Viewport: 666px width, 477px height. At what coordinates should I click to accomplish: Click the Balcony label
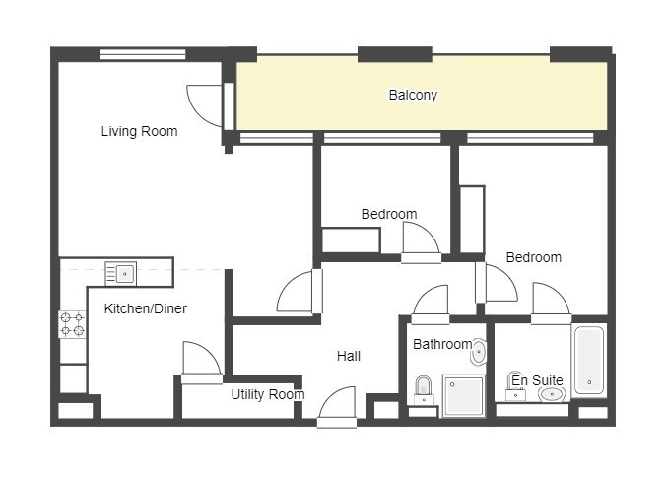coord(413,95)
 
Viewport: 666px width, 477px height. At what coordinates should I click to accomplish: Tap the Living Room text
coord(139,131)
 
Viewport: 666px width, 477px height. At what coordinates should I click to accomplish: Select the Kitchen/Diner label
coord(145,308)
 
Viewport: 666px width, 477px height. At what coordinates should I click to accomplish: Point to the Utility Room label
coord(268,394)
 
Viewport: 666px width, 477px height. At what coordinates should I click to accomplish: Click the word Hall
coord(349,356)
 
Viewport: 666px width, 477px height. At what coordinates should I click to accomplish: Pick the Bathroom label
coord(442,344)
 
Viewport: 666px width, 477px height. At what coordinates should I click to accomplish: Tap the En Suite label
coord(537,380)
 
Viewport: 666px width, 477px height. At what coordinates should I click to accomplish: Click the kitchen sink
coord(120,274)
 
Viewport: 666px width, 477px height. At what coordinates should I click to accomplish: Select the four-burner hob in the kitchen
coord(72,324)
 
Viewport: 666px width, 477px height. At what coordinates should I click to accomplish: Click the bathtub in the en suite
coord(589,360)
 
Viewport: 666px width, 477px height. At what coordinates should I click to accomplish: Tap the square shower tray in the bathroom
coord(464,395)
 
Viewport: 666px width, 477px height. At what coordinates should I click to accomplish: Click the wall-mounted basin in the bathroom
coord(478,352)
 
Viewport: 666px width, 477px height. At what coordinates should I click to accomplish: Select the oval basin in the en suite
coord(552,395)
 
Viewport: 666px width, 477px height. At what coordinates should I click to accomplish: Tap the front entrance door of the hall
coord(337,407)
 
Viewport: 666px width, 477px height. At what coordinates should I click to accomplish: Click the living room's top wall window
coord(143,54)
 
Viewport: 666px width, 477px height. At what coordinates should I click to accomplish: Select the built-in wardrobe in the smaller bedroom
coord(351,240)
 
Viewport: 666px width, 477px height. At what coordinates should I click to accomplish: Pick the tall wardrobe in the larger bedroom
coord(472,220)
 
